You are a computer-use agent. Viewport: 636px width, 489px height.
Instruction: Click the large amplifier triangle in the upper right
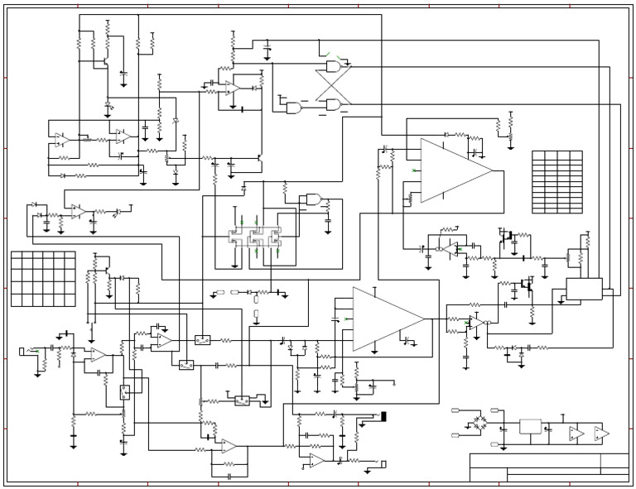point(451,170)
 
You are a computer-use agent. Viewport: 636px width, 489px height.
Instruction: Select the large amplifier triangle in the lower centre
point(383,319)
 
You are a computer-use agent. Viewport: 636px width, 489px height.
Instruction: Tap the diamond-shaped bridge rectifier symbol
point(479,425)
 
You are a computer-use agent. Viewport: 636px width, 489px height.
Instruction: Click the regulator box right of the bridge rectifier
point(530,427)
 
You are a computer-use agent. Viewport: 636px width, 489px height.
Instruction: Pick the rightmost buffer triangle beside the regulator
point(600,434)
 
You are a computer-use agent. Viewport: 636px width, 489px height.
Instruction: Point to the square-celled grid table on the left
point(43,279)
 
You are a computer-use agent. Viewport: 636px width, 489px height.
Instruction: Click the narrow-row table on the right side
point(556,181)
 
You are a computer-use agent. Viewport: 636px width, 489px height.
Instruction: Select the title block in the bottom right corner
point(549,467)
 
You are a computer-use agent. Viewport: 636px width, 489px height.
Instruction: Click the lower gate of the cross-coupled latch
point(334,104)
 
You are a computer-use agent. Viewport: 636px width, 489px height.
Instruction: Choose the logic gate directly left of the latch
point(294,107)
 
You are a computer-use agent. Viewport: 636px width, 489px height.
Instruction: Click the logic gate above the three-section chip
point(314,199)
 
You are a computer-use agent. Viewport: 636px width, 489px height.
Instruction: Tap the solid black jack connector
point(383,415)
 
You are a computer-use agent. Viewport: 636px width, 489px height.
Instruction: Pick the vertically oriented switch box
point(125,392)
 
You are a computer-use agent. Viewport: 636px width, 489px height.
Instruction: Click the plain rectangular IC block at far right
point(584,289)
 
